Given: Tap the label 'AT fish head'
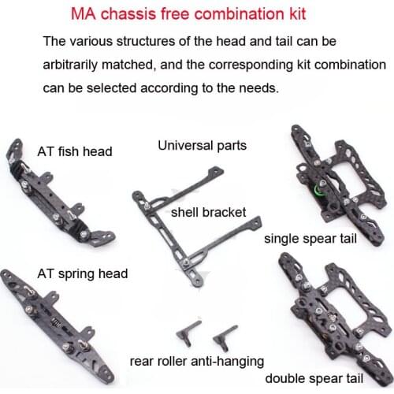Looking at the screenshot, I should click(75, 151).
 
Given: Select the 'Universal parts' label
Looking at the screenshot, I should click(202, 145).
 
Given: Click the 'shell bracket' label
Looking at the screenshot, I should click(208, 212).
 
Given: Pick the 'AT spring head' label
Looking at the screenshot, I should click(82, 274).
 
